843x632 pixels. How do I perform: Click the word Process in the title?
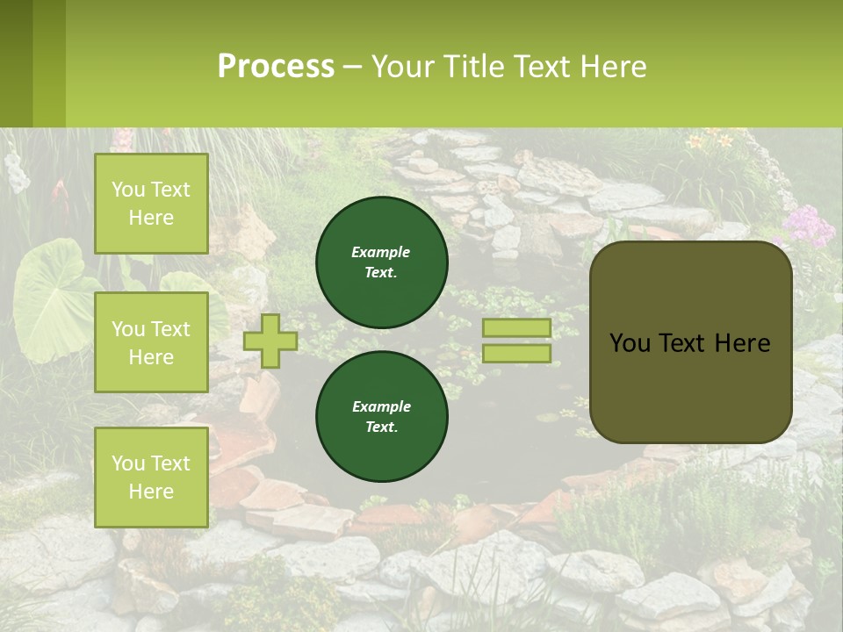click(x=276, y=67)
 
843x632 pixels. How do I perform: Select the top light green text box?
click(x=151, y=204)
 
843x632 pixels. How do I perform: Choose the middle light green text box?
click(x=151, y=342)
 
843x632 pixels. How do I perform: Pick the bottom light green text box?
click(x=151, y=477)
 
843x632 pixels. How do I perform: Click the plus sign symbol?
click(x=270, y=341)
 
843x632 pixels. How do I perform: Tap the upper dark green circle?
click(x=382, y=262)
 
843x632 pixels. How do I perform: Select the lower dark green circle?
click(x=382, y=416)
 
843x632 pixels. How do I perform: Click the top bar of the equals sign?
click(x=517, y=327)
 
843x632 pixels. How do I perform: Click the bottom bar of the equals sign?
click(x=517, y=354)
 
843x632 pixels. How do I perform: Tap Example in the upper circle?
click(x=381, y=252)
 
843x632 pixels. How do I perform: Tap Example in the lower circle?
click(x=381, y=406)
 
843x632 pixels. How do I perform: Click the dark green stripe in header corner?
click(x=16, y=63)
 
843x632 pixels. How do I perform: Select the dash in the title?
click(x=352, y=67)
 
